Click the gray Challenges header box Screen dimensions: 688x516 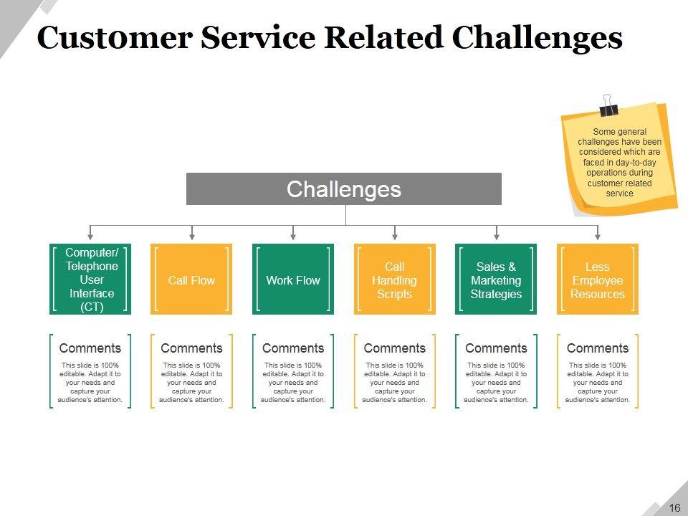pyautogui.click(x=343, y=188)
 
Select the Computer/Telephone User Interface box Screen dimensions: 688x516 pyautogui.click(x=90, y=279)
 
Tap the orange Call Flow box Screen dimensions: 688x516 pyautogui.click(x=191, y=279)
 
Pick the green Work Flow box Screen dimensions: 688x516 pyautogui.click(x=293, y=279)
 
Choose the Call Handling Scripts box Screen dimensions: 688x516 pyautogui.click(x=395, y=279)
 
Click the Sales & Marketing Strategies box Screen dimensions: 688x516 pyautogui.click(x=496, y=279)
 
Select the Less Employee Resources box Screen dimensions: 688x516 pyautogui.click(x=598, y=279)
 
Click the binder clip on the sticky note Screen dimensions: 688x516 pyautogui.click(x=608, y=106)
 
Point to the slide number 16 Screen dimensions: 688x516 pyautogui.click(x=674, y=507)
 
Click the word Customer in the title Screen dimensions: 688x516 pyautogui.click(x=115, y=37)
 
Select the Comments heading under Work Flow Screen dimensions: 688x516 pyautogui.click(x=293, y=348)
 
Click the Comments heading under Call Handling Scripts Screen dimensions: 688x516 pyautogui.click(x=395, y=348)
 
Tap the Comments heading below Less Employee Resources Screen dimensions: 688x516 pyautogui.click(x=598, y=348)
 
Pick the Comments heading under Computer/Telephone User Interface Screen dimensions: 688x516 pyautogui.click(x=90, y=348)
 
